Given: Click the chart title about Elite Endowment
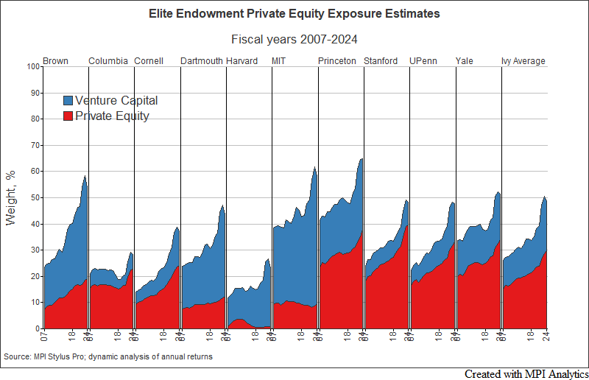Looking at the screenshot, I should [294, 13].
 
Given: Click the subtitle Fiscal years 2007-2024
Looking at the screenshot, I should [294, 40].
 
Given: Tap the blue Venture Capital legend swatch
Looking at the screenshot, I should [68, 101].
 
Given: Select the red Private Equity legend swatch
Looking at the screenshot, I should [68, 116].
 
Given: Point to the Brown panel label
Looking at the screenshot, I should [56, 61].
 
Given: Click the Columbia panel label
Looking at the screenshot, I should [108, 61].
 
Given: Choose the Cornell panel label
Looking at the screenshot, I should [149, 61].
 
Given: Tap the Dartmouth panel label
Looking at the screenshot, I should [202, 61].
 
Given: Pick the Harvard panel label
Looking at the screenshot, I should [242, 61].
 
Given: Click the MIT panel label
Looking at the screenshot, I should [279, 61].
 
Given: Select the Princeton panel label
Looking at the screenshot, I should [337, 61].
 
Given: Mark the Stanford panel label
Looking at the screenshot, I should [381, 61].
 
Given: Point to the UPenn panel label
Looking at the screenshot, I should [423, 61].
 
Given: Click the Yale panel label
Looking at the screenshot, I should [465, 61].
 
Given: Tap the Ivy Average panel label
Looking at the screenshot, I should [523, 61].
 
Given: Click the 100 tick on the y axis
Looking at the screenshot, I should [32, 67].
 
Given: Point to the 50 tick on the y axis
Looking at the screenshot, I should [34, 198].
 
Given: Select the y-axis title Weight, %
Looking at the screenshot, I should [11, 197].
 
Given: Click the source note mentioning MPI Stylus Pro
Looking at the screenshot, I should [108, 356].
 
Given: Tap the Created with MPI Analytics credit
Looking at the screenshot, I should [526, 373].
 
